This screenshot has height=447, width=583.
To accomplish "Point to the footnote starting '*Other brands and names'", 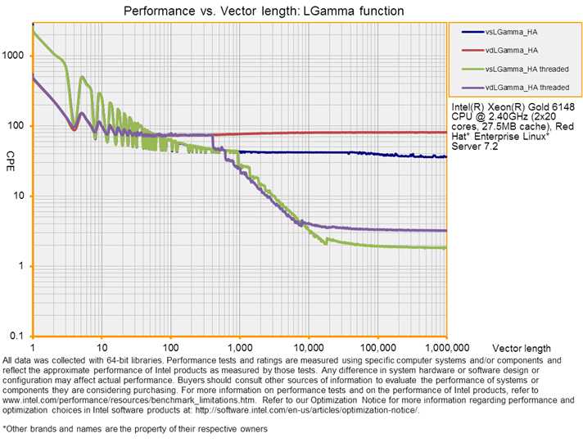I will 134,428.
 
